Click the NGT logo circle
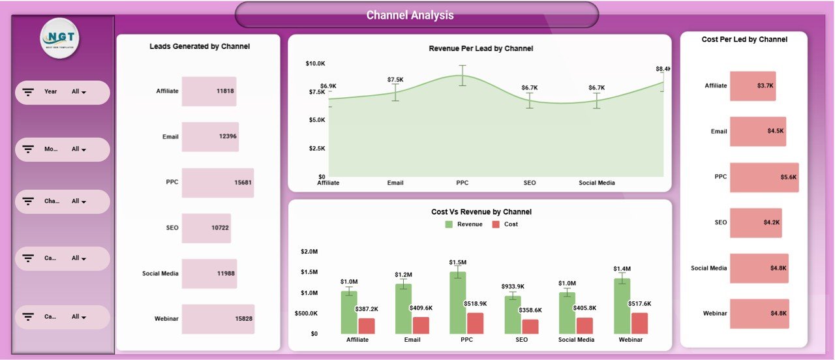pos(60,38)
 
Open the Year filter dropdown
pos(79,92)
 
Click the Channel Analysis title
pos(410,15)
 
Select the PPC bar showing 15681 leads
pos(217,183)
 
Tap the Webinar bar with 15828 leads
pos(218,319)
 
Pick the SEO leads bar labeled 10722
pos(206,228)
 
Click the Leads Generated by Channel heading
pos(200,46)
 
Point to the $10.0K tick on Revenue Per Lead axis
pos(315,63)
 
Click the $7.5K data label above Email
pos(394,80)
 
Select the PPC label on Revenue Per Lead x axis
pos(462,183)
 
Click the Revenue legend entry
pos(464,224)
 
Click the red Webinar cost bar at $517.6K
pos(639,323)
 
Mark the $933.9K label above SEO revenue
pos(513,286)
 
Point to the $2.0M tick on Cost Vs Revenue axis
pos(309,251)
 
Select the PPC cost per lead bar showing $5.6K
pos(764,177)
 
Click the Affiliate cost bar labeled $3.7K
pos(753,86)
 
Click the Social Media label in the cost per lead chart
pos(708,268)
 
